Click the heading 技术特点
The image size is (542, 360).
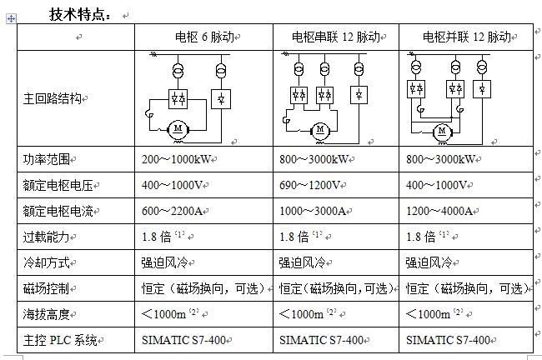point(79,13)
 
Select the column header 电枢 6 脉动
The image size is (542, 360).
point(203,37)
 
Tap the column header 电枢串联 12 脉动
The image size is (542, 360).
point(335,37)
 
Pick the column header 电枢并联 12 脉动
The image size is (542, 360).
point(465,37)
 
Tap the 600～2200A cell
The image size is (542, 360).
point(177,211)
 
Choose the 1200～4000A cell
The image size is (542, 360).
point(443,211)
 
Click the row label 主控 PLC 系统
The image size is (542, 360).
point(61,340)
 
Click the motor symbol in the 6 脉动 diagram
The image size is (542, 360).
point(178,127)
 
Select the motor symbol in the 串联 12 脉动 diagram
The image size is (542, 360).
point(319,128)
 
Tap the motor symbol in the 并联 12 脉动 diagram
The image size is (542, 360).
point(443,130)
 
